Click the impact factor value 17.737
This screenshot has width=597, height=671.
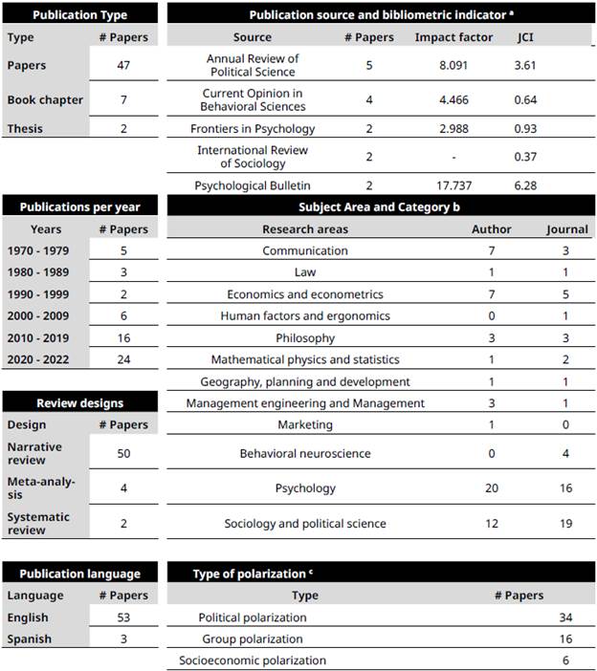pyautogui.click(x=453, y=185)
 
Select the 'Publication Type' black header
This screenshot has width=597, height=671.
pyautogui.click(x=81, y=14)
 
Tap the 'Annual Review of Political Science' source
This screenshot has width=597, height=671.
pyautogui.click(x=253, y=65)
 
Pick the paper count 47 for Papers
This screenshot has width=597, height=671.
pyautogui.click(x=123, y=65)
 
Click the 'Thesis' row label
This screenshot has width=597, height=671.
pyautogui.click(x=26, y=128)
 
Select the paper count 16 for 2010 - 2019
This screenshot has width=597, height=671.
pyautogui.click(x=123, y=338)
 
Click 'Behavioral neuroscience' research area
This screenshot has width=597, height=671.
pyautogui.click(x=305, y=453)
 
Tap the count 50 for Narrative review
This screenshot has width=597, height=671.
pyautogui.click(x=123, y=452)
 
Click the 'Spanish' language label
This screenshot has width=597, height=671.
pyautogui.click(x=30, y=639)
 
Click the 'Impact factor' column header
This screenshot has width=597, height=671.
pyautogui.click(x=453, y=37)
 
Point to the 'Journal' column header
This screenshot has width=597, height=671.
pyautogui.click(x=567, y=229)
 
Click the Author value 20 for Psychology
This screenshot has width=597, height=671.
pyautogui.click(x=492, y=488)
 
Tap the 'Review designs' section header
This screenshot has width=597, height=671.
pyautogui.click(x=80, y=402)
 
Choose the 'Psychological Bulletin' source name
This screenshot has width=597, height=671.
pyautogui.click(x=253, y=185)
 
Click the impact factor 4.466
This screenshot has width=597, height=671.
pyautogui.click(x=453, y=99)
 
